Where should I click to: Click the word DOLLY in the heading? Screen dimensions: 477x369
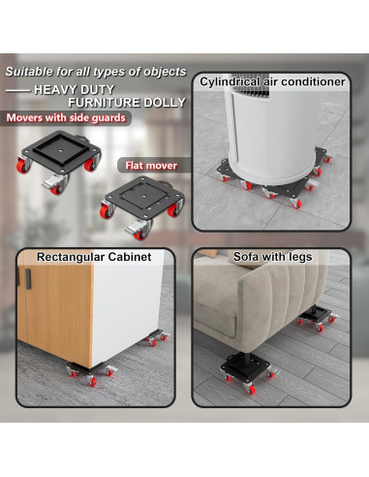[x=157, y=102]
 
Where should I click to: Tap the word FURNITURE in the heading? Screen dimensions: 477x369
[x=99, y=102]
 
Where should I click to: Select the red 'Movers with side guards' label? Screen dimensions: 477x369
[x=60, y=118]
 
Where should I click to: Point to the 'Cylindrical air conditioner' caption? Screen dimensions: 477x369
[x=272, y=82]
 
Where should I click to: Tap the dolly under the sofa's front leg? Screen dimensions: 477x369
[x=247, y=373]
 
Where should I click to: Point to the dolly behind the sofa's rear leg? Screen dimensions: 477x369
[x=318, y=322]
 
